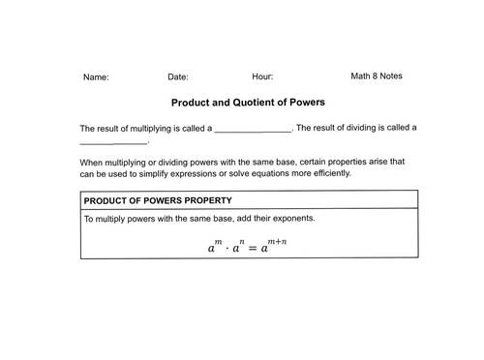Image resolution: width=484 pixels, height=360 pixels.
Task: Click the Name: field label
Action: (96, 76)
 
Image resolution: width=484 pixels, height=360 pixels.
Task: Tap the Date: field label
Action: (178, 76)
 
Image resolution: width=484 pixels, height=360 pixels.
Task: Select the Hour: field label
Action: (262, 75)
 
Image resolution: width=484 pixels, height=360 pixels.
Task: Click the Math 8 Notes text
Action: (377, 75)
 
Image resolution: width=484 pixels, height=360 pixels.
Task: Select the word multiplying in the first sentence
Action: (167, 128)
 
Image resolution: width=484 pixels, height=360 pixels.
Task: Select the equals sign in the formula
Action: (253, 248)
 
